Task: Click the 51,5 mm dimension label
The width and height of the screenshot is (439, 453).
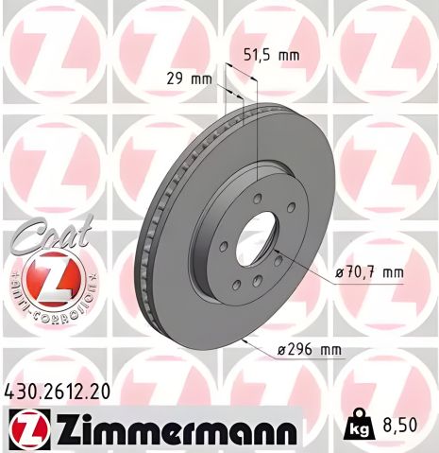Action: click(271, 55)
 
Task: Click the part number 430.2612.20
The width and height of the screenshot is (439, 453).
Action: click(56, 390)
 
